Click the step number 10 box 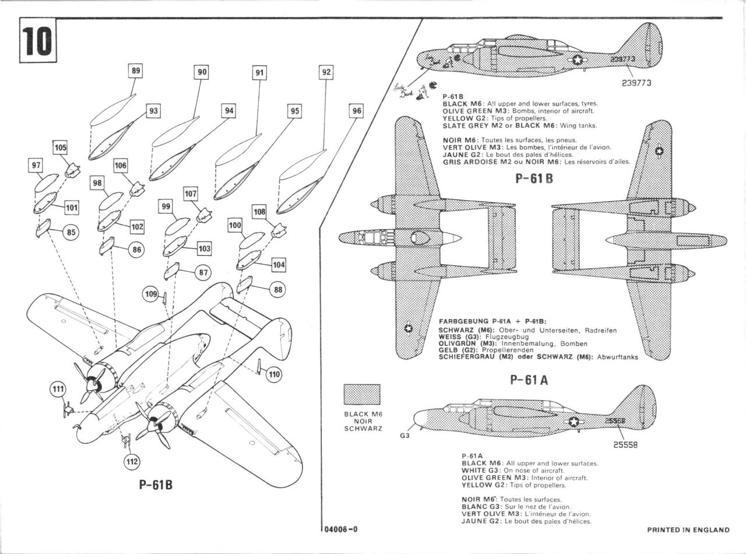click(38, 41)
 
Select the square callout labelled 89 click(136, 71)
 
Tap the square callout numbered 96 click(357, 111)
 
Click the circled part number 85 click(71, 232)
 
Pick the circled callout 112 click(132, 461)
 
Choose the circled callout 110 click(274, 374)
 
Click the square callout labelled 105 click(61, 148)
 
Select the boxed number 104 click(279, 265)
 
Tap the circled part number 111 click(58, 390)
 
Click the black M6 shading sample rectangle click(362, 394)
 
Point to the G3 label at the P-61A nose click(404, 436)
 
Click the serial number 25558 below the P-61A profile click(625, 444)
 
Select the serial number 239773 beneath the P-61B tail click(636, 83)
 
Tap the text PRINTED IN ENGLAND click(688, 530)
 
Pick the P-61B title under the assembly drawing click(156, 485)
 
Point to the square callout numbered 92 click(326, 72)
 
